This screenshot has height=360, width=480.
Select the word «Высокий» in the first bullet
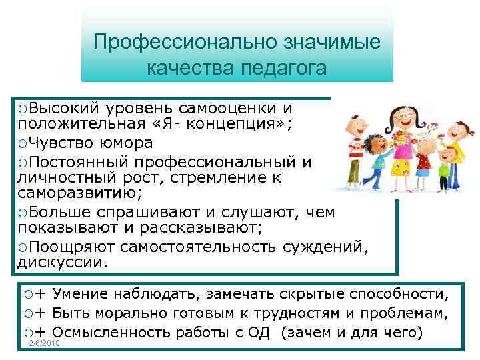point(63,108)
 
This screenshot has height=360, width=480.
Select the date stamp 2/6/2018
point(44,343)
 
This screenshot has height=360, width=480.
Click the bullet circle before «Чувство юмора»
point(23,143)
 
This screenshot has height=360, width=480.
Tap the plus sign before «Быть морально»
point(41,313)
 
